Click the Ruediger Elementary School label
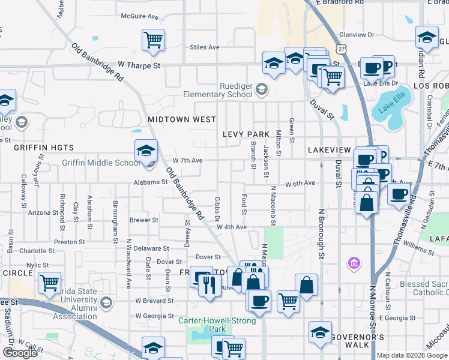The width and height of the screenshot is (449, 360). tap(223, 90)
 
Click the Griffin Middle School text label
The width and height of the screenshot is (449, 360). tap(101, 163)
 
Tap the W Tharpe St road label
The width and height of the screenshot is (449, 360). tap(140, 64)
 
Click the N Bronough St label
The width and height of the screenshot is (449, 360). tap(322, 235)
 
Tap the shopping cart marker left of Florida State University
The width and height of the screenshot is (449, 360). tap(49, 283)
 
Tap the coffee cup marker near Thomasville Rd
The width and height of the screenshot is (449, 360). tap(399, 194)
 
